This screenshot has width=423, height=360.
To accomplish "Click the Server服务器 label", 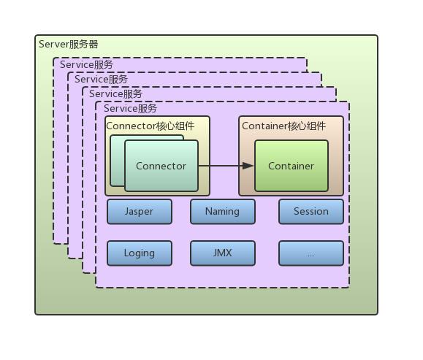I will pos(68,44).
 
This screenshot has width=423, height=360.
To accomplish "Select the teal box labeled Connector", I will pos(161,166).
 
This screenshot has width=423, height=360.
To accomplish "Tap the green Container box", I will pos(291,166).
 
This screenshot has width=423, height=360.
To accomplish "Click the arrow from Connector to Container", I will pos(223,166).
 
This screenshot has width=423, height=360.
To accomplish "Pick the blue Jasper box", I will pos(139,211).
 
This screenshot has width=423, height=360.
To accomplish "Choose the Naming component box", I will pos(223,211).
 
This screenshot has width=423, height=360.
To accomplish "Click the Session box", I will pos(310,211).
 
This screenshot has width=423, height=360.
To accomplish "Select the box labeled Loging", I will pos(139,253).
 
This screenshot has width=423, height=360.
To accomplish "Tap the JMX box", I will pos(223,253).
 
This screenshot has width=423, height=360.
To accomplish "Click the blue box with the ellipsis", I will pos(310,253).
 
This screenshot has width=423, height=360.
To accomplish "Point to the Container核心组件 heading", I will pos(283,125).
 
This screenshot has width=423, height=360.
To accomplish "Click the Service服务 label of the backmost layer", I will pos(87,65).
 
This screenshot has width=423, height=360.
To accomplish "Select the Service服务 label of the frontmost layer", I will pos(130,108).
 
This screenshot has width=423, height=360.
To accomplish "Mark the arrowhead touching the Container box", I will pos(248,166).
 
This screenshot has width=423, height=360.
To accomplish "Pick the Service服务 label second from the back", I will pos(101,79).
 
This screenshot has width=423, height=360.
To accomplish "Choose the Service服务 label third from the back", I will pos(115,93).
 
